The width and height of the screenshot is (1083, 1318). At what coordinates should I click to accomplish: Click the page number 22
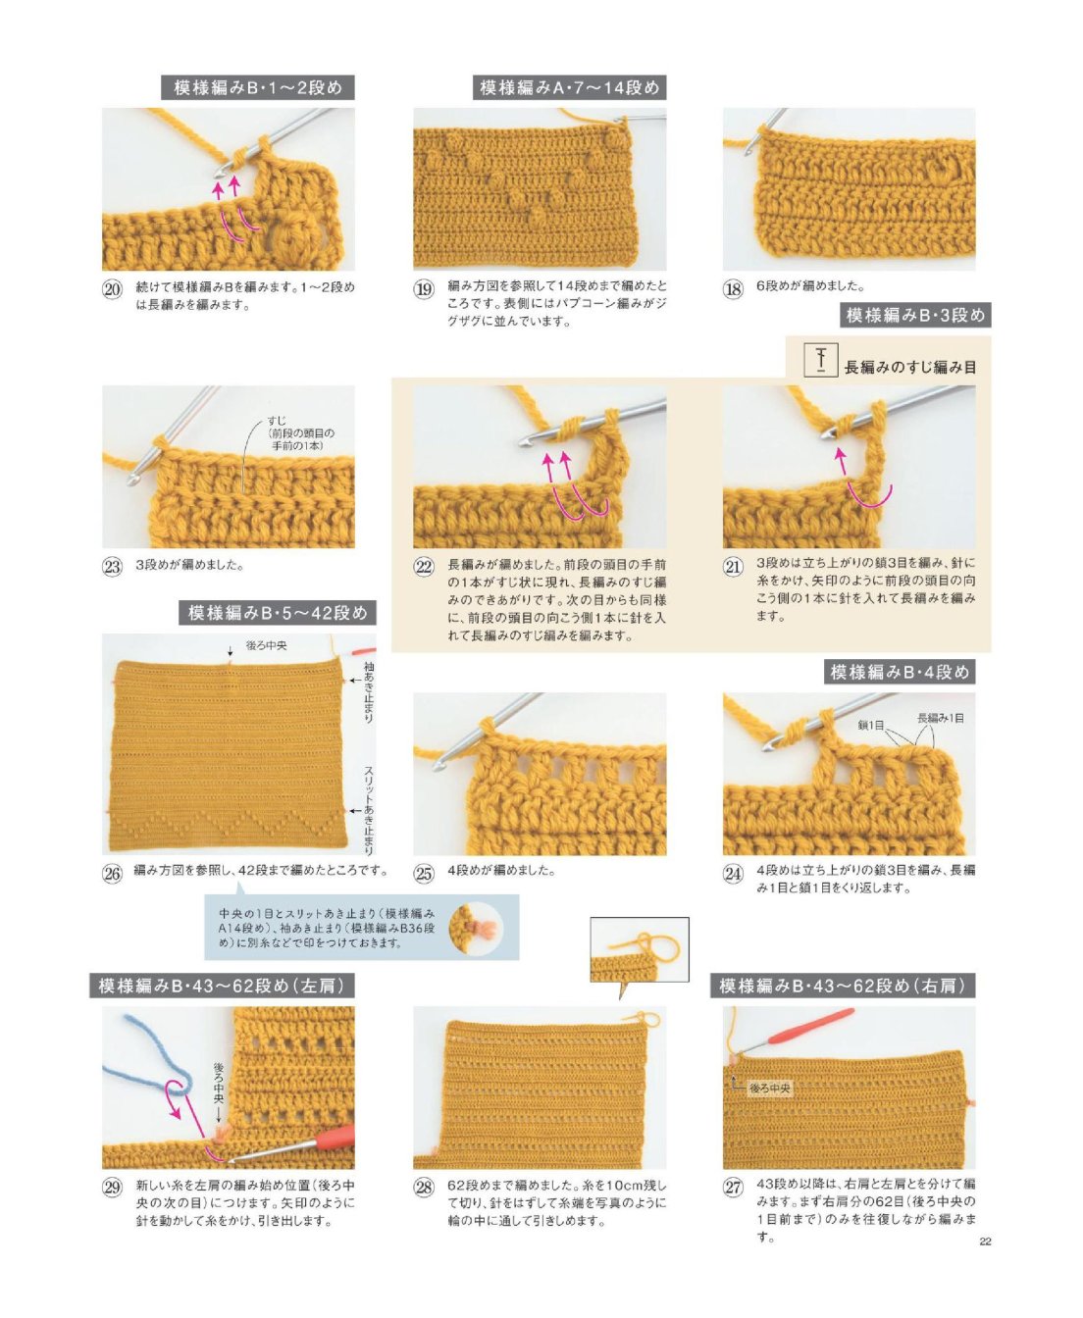(x=985, y=1242)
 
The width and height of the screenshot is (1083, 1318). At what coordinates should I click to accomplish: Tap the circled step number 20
(x=112, y=290)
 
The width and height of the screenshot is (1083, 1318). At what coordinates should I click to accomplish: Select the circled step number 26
(x=112, y=873)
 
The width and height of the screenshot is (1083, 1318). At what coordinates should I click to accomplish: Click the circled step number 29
(x=112, y=1187)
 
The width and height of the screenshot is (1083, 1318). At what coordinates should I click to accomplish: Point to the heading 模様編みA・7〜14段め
(x=569, y=87)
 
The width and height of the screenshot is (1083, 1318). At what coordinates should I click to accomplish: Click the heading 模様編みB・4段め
(x=900, y=672)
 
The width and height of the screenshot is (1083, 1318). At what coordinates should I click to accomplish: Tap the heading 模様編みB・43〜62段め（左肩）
(x=222, y=986)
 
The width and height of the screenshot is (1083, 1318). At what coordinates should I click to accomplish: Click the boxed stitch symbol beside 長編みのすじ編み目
(x=820, y=361)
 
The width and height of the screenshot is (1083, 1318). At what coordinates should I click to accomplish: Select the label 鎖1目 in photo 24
(x=871, y=725)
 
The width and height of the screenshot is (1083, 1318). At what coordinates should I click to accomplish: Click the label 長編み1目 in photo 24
(x=941, y=718)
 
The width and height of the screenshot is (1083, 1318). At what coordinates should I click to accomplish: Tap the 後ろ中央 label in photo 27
(x=770, y=1089)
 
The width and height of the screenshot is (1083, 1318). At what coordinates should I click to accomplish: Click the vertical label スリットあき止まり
(x=369, y=811)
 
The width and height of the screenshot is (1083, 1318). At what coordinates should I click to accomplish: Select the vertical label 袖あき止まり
(x=369, y=693)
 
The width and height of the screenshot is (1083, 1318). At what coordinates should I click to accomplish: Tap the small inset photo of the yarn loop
(x=640, y=949)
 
